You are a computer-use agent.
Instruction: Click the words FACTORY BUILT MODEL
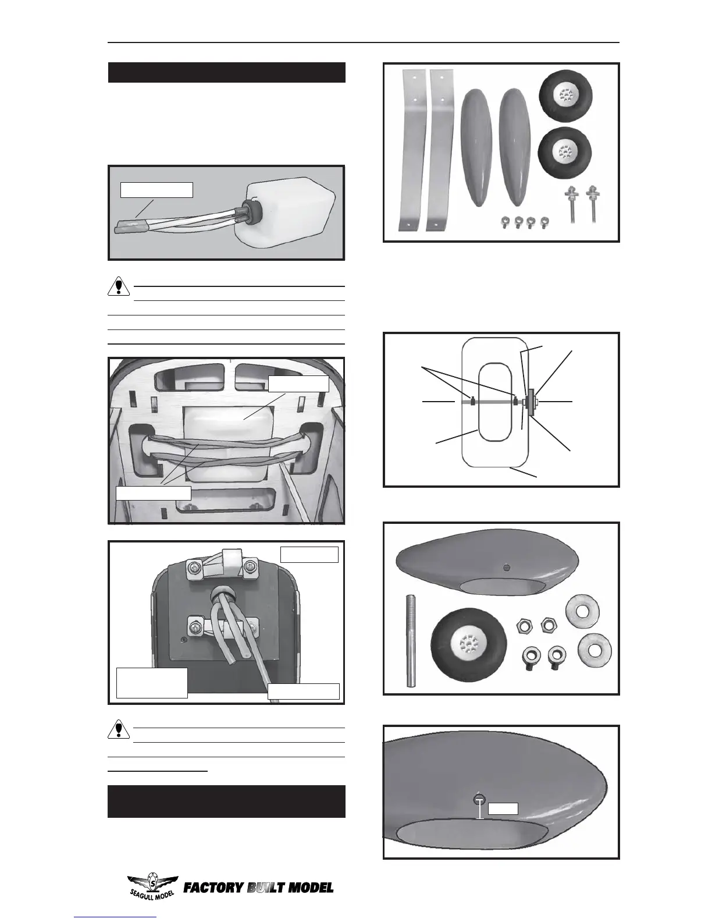point(258,888)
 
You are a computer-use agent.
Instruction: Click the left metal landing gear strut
point(412,150)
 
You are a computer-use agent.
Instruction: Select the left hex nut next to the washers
point(524,626)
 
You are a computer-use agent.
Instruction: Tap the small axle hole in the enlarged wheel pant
point(478,797)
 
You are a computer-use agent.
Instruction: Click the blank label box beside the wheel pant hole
point(503,808)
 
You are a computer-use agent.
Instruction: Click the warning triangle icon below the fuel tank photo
point(119,286)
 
